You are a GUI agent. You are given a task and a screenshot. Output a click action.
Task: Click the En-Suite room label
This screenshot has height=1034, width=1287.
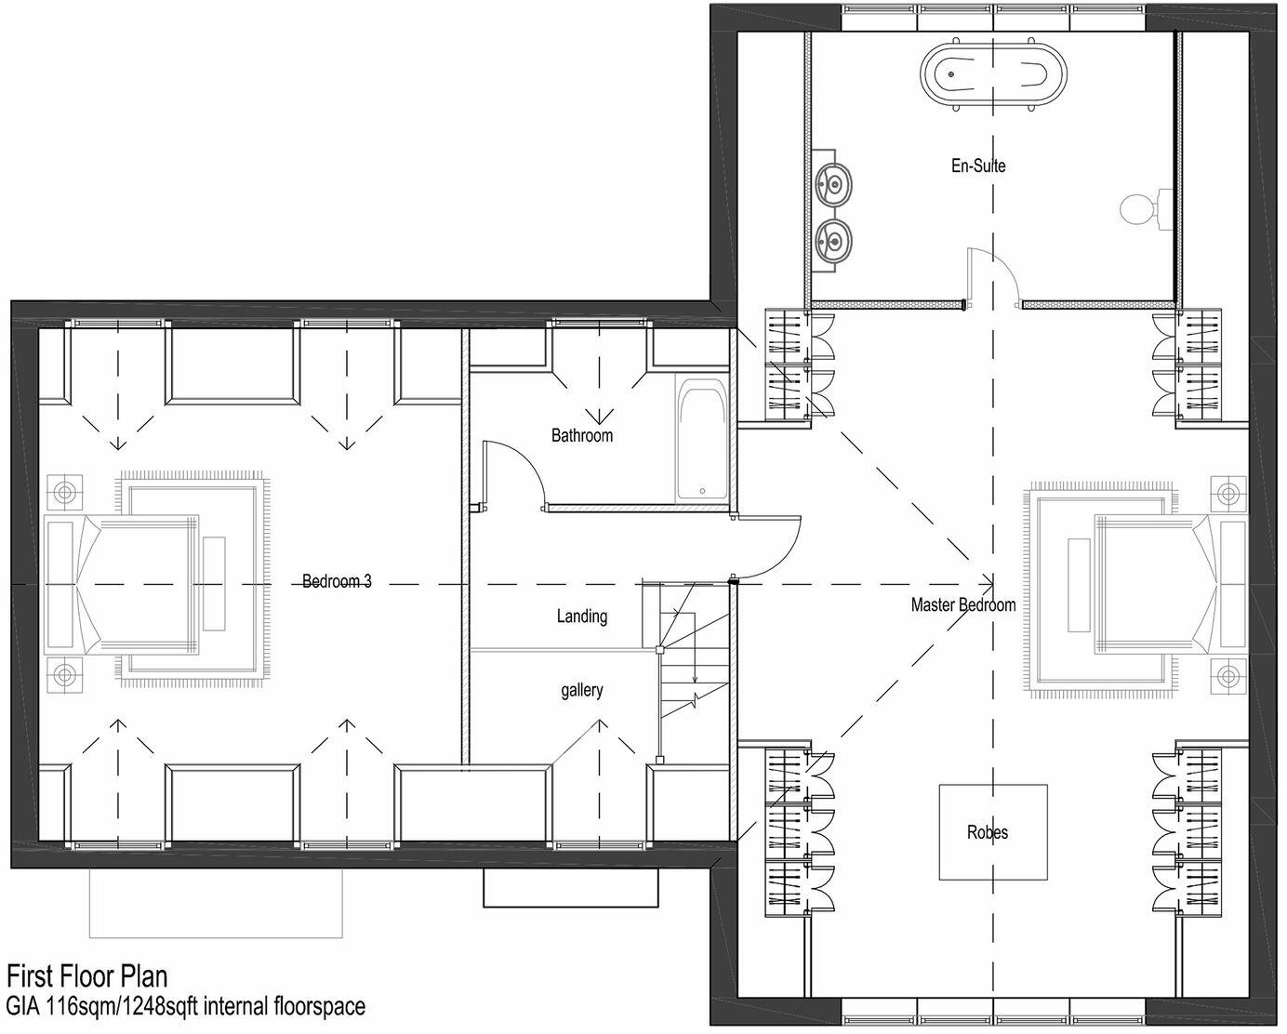(x=977, y=166)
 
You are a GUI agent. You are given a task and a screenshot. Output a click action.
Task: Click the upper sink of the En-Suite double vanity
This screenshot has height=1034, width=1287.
(x=834, y=183)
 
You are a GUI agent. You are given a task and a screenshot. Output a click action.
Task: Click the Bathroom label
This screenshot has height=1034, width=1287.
(x=582, y=435)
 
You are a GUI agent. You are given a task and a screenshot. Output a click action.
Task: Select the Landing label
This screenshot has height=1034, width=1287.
(x=582, y=616)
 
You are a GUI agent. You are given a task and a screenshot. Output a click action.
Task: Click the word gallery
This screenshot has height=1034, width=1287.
(x=582, y=690)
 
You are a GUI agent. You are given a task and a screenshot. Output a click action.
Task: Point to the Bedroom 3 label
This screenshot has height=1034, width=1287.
(x=337, y=582)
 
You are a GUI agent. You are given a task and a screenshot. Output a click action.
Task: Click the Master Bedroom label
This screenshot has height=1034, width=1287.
(x=963, y=605)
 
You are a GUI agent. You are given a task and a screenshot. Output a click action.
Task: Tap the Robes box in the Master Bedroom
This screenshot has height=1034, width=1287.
(x=992, y=832)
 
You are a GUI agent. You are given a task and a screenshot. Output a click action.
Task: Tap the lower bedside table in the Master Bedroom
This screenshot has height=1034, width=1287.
(x=1229, y=675)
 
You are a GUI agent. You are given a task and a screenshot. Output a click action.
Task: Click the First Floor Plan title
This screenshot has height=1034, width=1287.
(x=88, y=977)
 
